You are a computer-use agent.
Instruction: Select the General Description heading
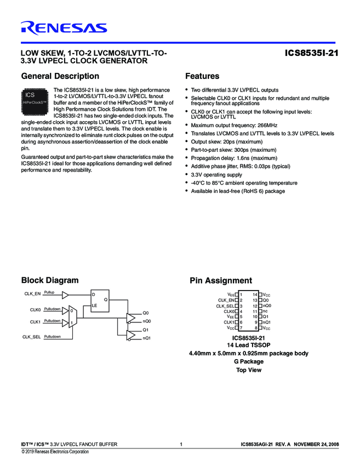pos(60,76)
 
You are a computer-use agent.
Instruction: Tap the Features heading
pos(202,76)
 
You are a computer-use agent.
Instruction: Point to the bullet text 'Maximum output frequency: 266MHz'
pos(234,125)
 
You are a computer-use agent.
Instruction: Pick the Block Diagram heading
pos(49,281)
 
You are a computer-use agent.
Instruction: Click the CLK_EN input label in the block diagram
pos(33,294)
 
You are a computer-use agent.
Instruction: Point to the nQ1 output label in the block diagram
pos(147,338)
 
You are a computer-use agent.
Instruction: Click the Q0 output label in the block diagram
pos(146,312)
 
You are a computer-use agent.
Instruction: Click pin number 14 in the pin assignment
pos(254,295)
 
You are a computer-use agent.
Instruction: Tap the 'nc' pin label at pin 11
pos(265,311)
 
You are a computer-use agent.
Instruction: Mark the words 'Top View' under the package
pos(248,370)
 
